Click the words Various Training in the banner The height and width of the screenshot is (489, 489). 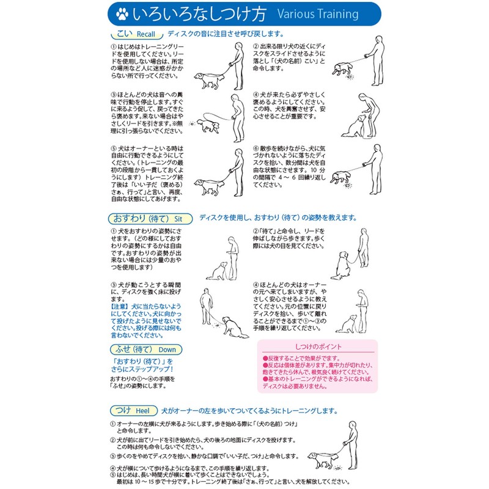[x=317, y=13]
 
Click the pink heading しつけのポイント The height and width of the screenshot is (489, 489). [x=318, y=347]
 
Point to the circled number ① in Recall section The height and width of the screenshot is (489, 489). [x=113, y=46]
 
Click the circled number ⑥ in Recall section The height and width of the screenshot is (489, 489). [x=256, y=149]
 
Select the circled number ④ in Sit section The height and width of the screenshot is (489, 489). [x=256, y=284]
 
